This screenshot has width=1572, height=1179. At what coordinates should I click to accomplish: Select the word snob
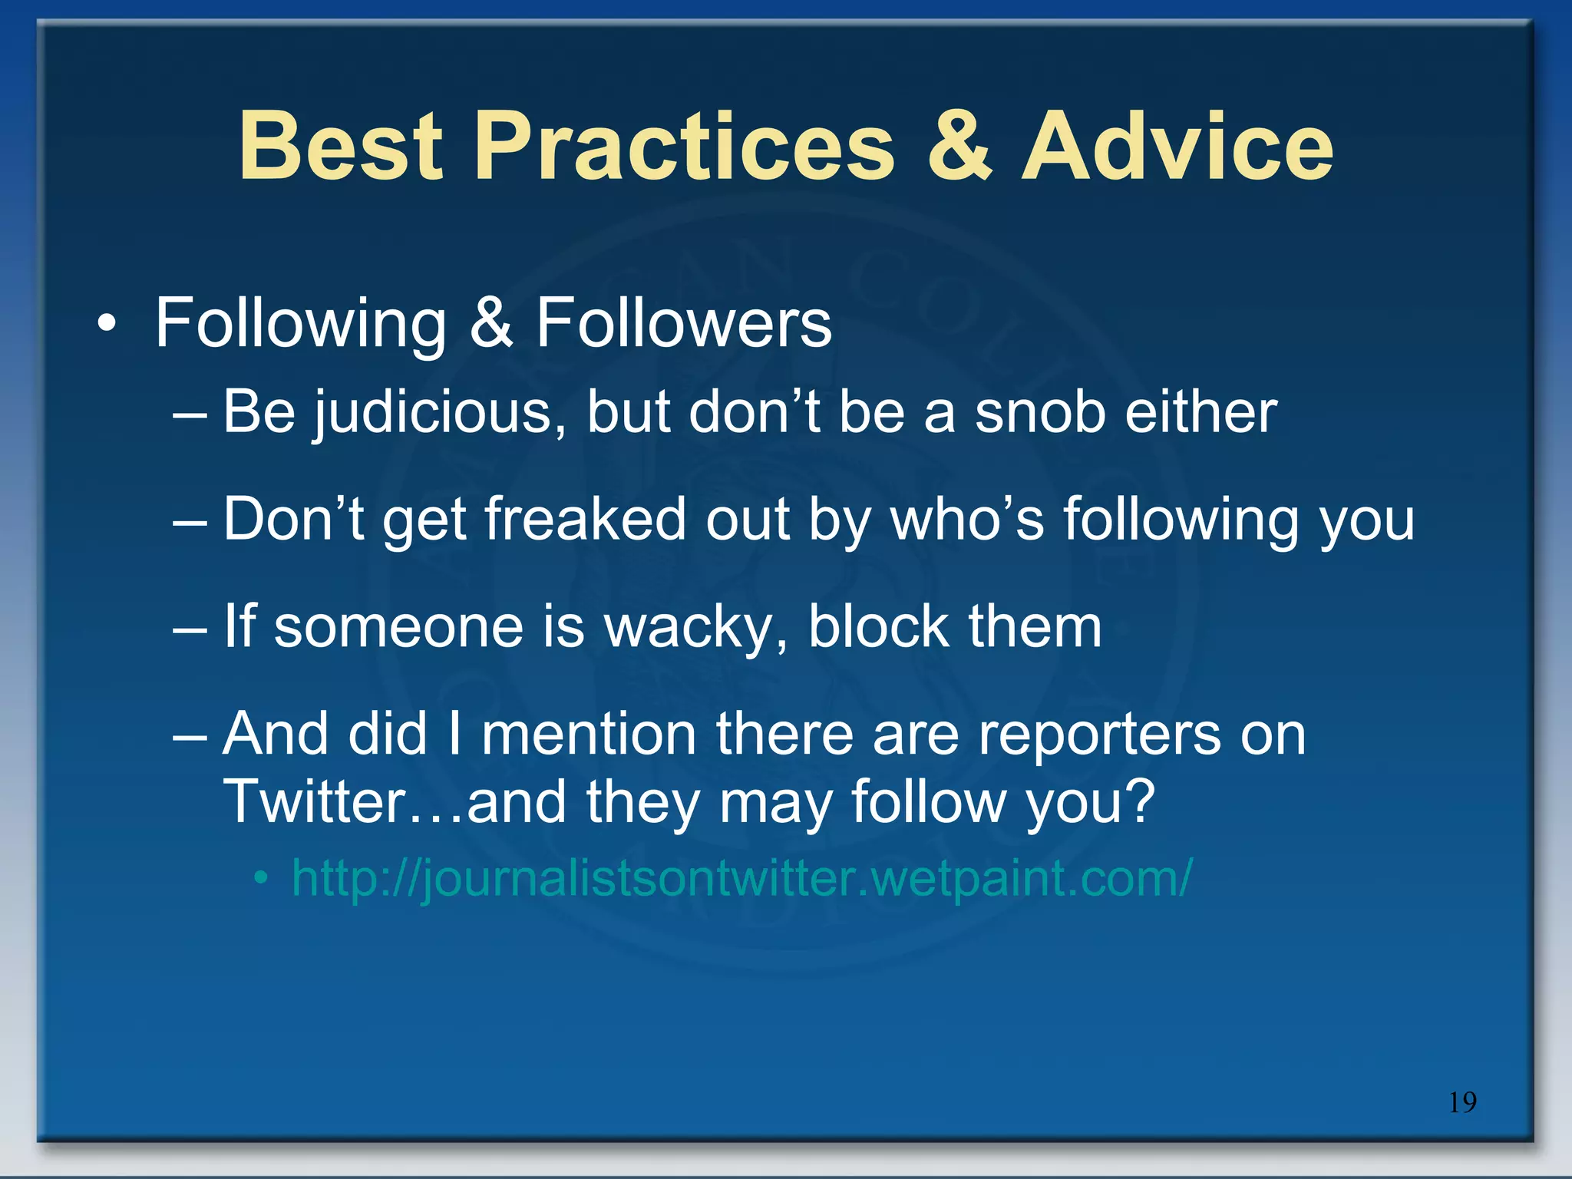(x=1039, y=413)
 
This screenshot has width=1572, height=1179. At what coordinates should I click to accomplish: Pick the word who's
(x=966, y=520)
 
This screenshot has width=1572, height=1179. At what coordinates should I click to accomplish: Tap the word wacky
(x=695, y=627)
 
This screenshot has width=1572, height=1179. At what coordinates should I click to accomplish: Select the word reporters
(x=1098, y=735)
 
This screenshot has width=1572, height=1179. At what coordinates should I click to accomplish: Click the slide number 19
(x=1462, y=1102)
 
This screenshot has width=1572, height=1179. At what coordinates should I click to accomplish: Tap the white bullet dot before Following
(x=107, y=325)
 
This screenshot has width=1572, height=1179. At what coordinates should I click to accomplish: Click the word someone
(x=399, y=627)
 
